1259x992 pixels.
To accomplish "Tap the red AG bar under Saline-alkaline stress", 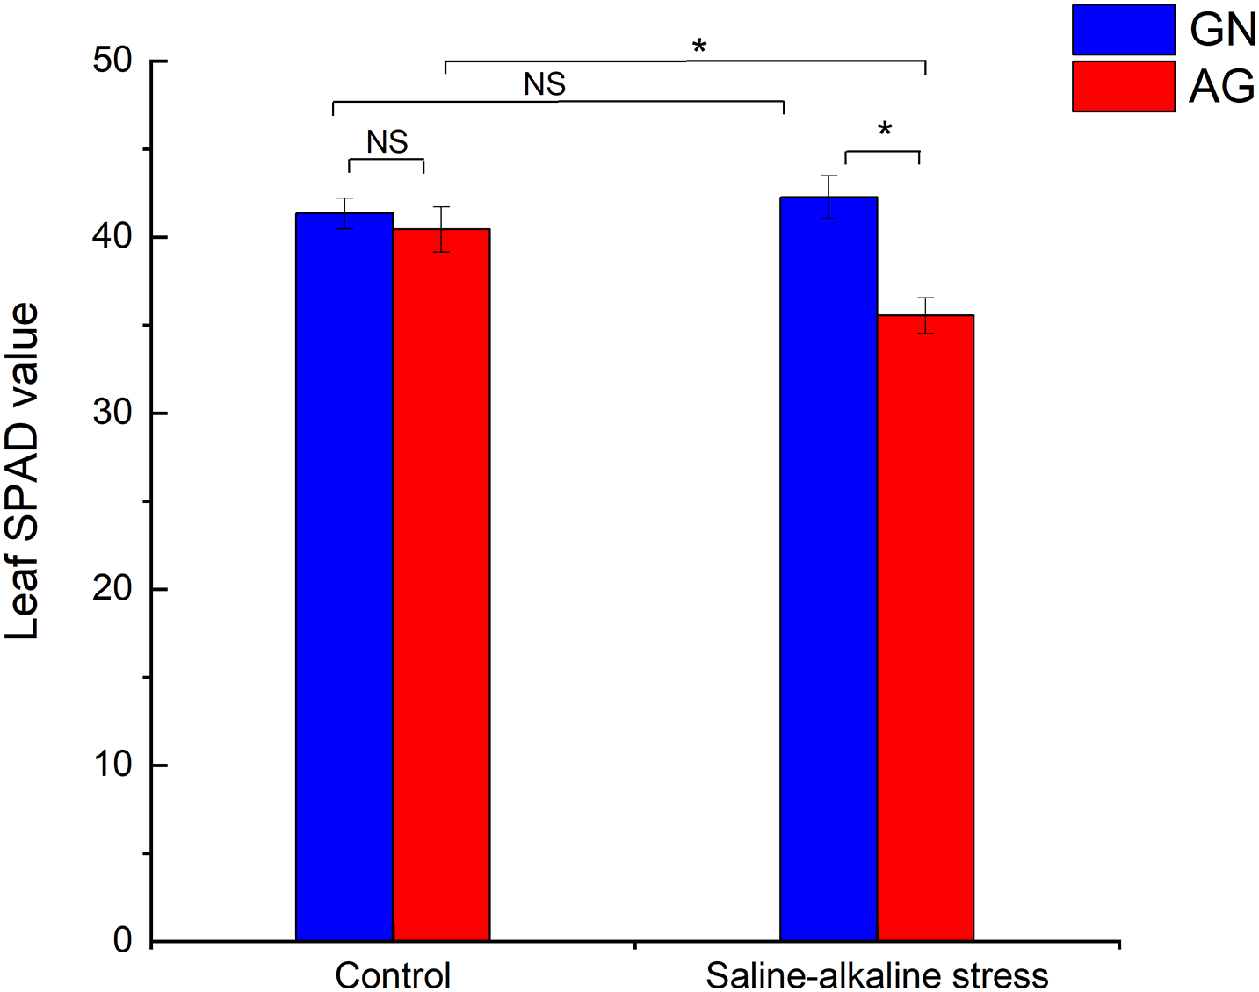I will click(x=925, y=627).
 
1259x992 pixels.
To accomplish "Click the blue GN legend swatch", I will click(x=1123, y=29).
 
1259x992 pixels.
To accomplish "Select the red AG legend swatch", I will click(x=1123, y=86).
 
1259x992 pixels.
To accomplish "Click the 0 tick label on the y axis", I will click(x=122, y=940).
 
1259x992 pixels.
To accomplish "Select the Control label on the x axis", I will click(x=393, y=975).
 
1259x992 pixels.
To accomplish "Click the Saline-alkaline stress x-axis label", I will click(x=877, y=975).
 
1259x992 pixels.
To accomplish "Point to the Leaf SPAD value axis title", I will click(x=24, y=471).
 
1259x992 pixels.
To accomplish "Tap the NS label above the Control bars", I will click(x=387, y=141).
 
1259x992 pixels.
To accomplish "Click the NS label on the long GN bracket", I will click(x=545, y=84).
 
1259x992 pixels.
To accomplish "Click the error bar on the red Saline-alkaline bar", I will click(x=925, y=315).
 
